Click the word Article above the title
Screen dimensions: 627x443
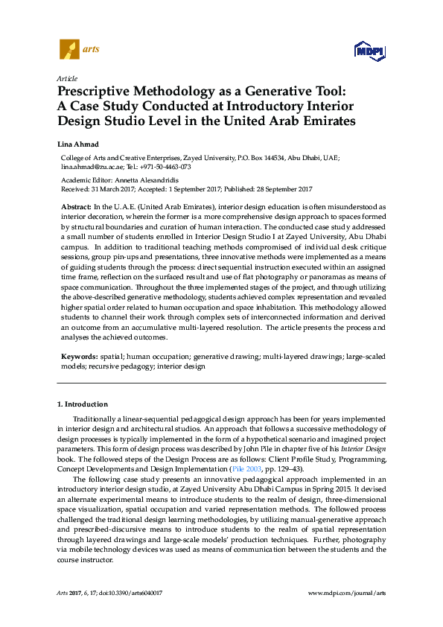[66, 78]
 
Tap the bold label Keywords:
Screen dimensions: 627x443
[77, 357]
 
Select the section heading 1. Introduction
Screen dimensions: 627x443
[83, 404]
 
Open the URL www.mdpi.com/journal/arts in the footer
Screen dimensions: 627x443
[346, 593]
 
